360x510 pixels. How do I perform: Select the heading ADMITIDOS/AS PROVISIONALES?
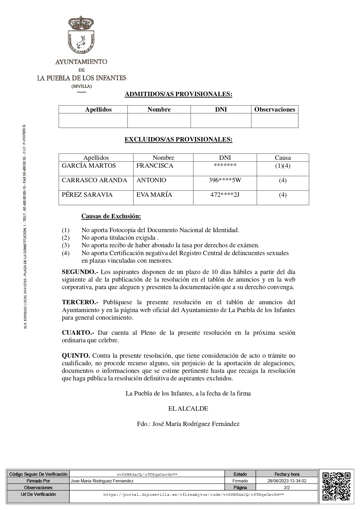point(178,94)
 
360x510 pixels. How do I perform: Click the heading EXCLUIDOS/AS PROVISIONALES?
point(178,139)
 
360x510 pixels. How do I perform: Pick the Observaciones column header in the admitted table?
point(275,110)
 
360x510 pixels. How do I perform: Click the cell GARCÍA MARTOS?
point(89,166)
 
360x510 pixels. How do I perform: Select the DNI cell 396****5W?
point(225,180)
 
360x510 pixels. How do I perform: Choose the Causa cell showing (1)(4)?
point(282,166)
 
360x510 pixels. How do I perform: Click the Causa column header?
point(282,158)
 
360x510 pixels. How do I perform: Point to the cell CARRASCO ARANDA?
point(94,180)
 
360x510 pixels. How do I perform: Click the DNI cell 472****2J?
point(225,195)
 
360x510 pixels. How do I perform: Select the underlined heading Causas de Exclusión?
point(111,216)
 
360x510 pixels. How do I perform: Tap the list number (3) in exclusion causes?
point(66,245)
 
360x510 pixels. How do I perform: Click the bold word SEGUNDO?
point(80,272)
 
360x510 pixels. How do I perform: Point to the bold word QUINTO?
point(76,356)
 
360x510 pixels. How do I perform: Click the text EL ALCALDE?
point(188,409)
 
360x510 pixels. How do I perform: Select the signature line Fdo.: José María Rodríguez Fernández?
point(188,424)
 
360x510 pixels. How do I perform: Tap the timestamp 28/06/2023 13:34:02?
point(287,481)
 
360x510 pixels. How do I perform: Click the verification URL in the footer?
point(193,494)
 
